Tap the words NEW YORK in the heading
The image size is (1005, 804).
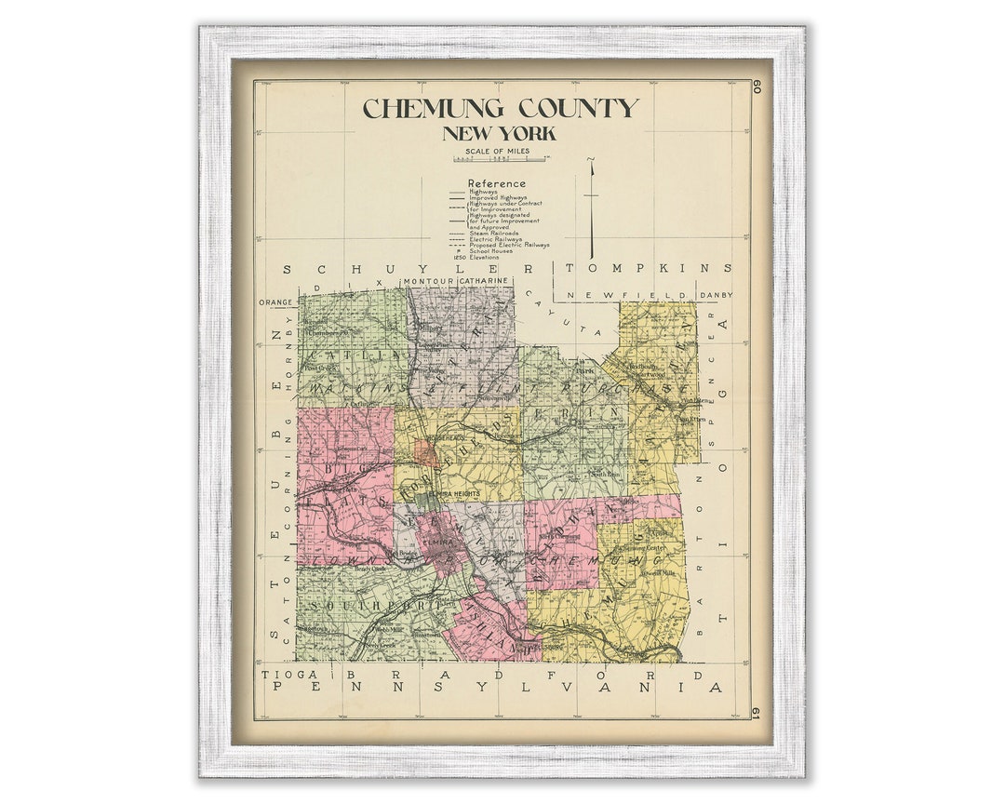500,134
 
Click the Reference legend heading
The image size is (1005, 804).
496,183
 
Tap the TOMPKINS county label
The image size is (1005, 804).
648,268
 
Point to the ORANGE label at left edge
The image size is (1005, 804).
276,302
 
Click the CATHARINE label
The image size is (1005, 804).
483,281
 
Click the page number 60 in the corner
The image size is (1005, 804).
757,87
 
